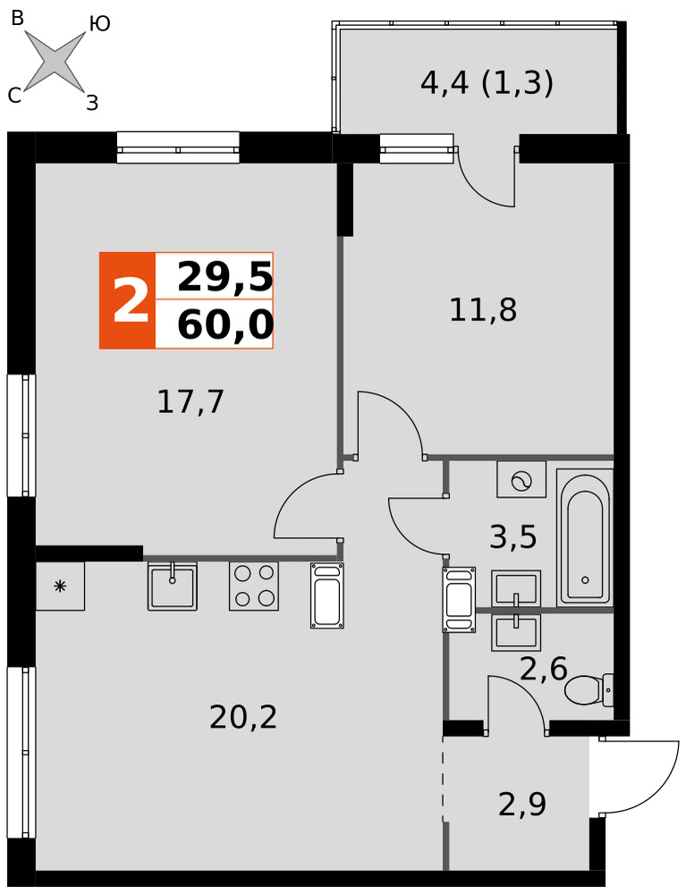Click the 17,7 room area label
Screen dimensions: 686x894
click(x=191, y=402)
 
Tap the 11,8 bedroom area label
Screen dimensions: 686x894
click(x=483, y=311)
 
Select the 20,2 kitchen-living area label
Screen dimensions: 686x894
click(x=243, y=717)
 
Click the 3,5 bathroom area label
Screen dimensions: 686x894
click(x=513, y=536)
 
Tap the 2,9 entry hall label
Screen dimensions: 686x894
click(x=522, y=804)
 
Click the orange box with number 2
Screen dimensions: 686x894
click(x=127, y=300)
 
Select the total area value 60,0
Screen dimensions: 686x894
click(x=225, y=325)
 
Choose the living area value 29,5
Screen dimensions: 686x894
click(x=225, y=278)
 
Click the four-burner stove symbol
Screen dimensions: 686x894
click(x=254, y=586)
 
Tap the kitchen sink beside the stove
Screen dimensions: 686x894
click(x=173, y=586)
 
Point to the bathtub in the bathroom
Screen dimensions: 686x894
click(x=585, y=537)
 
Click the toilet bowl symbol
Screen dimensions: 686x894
click(x=589, y=689)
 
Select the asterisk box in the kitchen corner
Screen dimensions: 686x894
click(x=60, y=586)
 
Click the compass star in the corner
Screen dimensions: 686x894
click(x=55, y=60)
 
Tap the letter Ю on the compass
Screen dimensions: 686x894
click(x=100, y=24)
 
